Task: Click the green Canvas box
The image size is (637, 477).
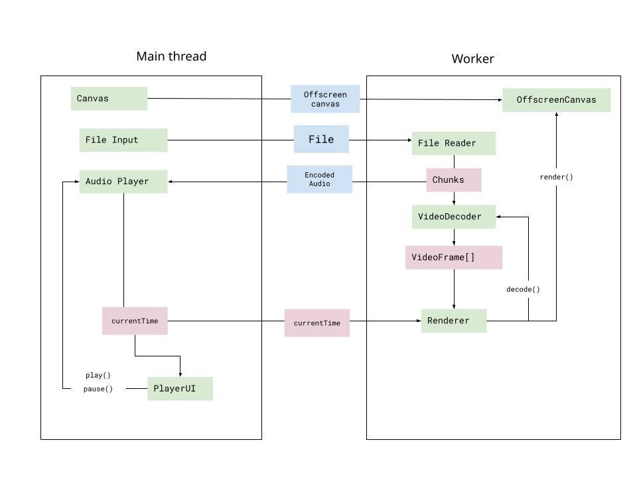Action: tap(109, 99)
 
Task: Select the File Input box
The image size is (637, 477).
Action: tap(123, 140)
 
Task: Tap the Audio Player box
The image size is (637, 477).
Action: tap(123, 181)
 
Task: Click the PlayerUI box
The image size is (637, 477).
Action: tap(180, 388)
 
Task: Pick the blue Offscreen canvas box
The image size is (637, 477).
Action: tap(325, 99)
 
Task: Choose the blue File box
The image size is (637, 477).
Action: tap(321, 140)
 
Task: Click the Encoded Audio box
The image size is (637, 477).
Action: tap(319, 180)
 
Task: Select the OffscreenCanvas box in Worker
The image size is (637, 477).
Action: tap(556, 100)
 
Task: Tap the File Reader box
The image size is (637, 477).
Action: tap(453, 143)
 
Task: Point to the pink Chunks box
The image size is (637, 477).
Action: tap(453, 180)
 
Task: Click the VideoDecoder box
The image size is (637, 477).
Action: tap(453, 217)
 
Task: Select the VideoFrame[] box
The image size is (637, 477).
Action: tap(453, 257)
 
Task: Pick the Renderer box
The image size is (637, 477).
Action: tap(453, 321)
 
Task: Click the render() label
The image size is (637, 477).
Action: tap(556, 177)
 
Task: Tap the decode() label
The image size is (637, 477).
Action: tap(523, 289)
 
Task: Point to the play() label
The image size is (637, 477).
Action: tap(98, 375)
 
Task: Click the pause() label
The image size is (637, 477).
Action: tap(98, 389)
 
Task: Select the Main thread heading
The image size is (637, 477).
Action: tap(171, 56)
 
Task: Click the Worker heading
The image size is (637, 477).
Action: tap(472, 59)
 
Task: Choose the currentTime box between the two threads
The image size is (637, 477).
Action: tap(317, 323)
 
